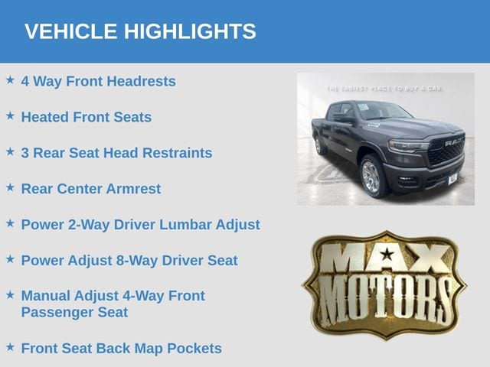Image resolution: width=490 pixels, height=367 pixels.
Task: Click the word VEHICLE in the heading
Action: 70,31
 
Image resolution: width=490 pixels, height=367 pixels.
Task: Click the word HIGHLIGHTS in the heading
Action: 190,31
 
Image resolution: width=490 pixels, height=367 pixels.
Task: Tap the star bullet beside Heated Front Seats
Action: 10,115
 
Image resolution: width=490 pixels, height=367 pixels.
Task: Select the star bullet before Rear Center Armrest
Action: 10,187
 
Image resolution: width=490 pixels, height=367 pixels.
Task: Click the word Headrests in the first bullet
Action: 141,81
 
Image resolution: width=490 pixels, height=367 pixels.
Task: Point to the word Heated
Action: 45,117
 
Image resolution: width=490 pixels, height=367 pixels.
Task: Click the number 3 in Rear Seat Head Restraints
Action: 25,153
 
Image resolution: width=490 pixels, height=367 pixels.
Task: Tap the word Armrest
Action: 133,189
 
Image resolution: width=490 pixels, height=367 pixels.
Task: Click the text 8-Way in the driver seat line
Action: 137,261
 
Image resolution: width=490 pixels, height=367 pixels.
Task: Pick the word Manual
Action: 46,296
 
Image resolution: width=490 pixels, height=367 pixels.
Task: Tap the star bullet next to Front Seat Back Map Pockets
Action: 10,347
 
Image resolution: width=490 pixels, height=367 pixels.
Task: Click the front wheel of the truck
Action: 372,177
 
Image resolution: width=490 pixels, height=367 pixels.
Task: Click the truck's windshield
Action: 384,111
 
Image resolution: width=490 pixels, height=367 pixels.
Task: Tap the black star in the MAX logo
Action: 387,254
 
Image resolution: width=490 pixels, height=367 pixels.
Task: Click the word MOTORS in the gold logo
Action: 386,300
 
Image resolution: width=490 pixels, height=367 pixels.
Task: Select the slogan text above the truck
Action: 384,89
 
